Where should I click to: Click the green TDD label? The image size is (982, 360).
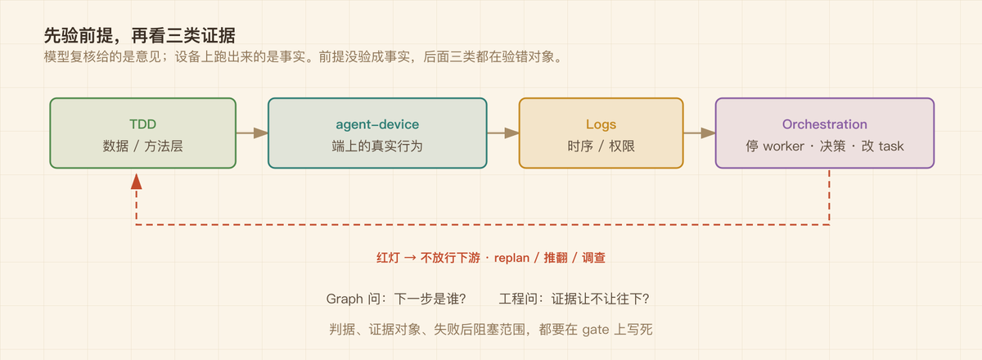143,124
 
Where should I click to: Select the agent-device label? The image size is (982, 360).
377,124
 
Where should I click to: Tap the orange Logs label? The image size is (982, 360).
601,124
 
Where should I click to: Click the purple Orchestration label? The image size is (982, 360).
825,124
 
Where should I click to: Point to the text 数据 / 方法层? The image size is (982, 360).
143,146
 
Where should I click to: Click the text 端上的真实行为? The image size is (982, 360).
377,146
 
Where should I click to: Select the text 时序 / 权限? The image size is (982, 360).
601,146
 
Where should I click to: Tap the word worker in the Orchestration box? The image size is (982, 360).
783,146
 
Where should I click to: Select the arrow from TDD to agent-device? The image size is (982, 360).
252,133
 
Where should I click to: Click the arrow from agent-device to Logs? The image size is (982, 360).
502,133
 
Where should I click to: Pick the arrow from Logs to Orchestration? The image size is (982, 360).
699,133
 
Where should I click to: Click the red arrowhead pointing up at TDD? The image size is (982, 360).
137,181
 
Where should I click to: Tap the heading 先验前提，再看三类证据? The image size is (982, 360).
140,35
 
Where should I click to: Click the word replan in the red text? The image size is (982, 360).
511,258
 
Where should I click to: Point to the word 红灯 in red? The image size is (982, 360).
388,258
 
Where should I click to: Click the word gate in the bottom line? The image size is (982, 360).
596,330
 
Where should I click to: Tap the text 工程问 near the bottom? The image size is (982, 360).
518,299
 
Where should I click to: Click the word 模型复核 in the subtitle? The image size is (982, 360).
70,57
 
